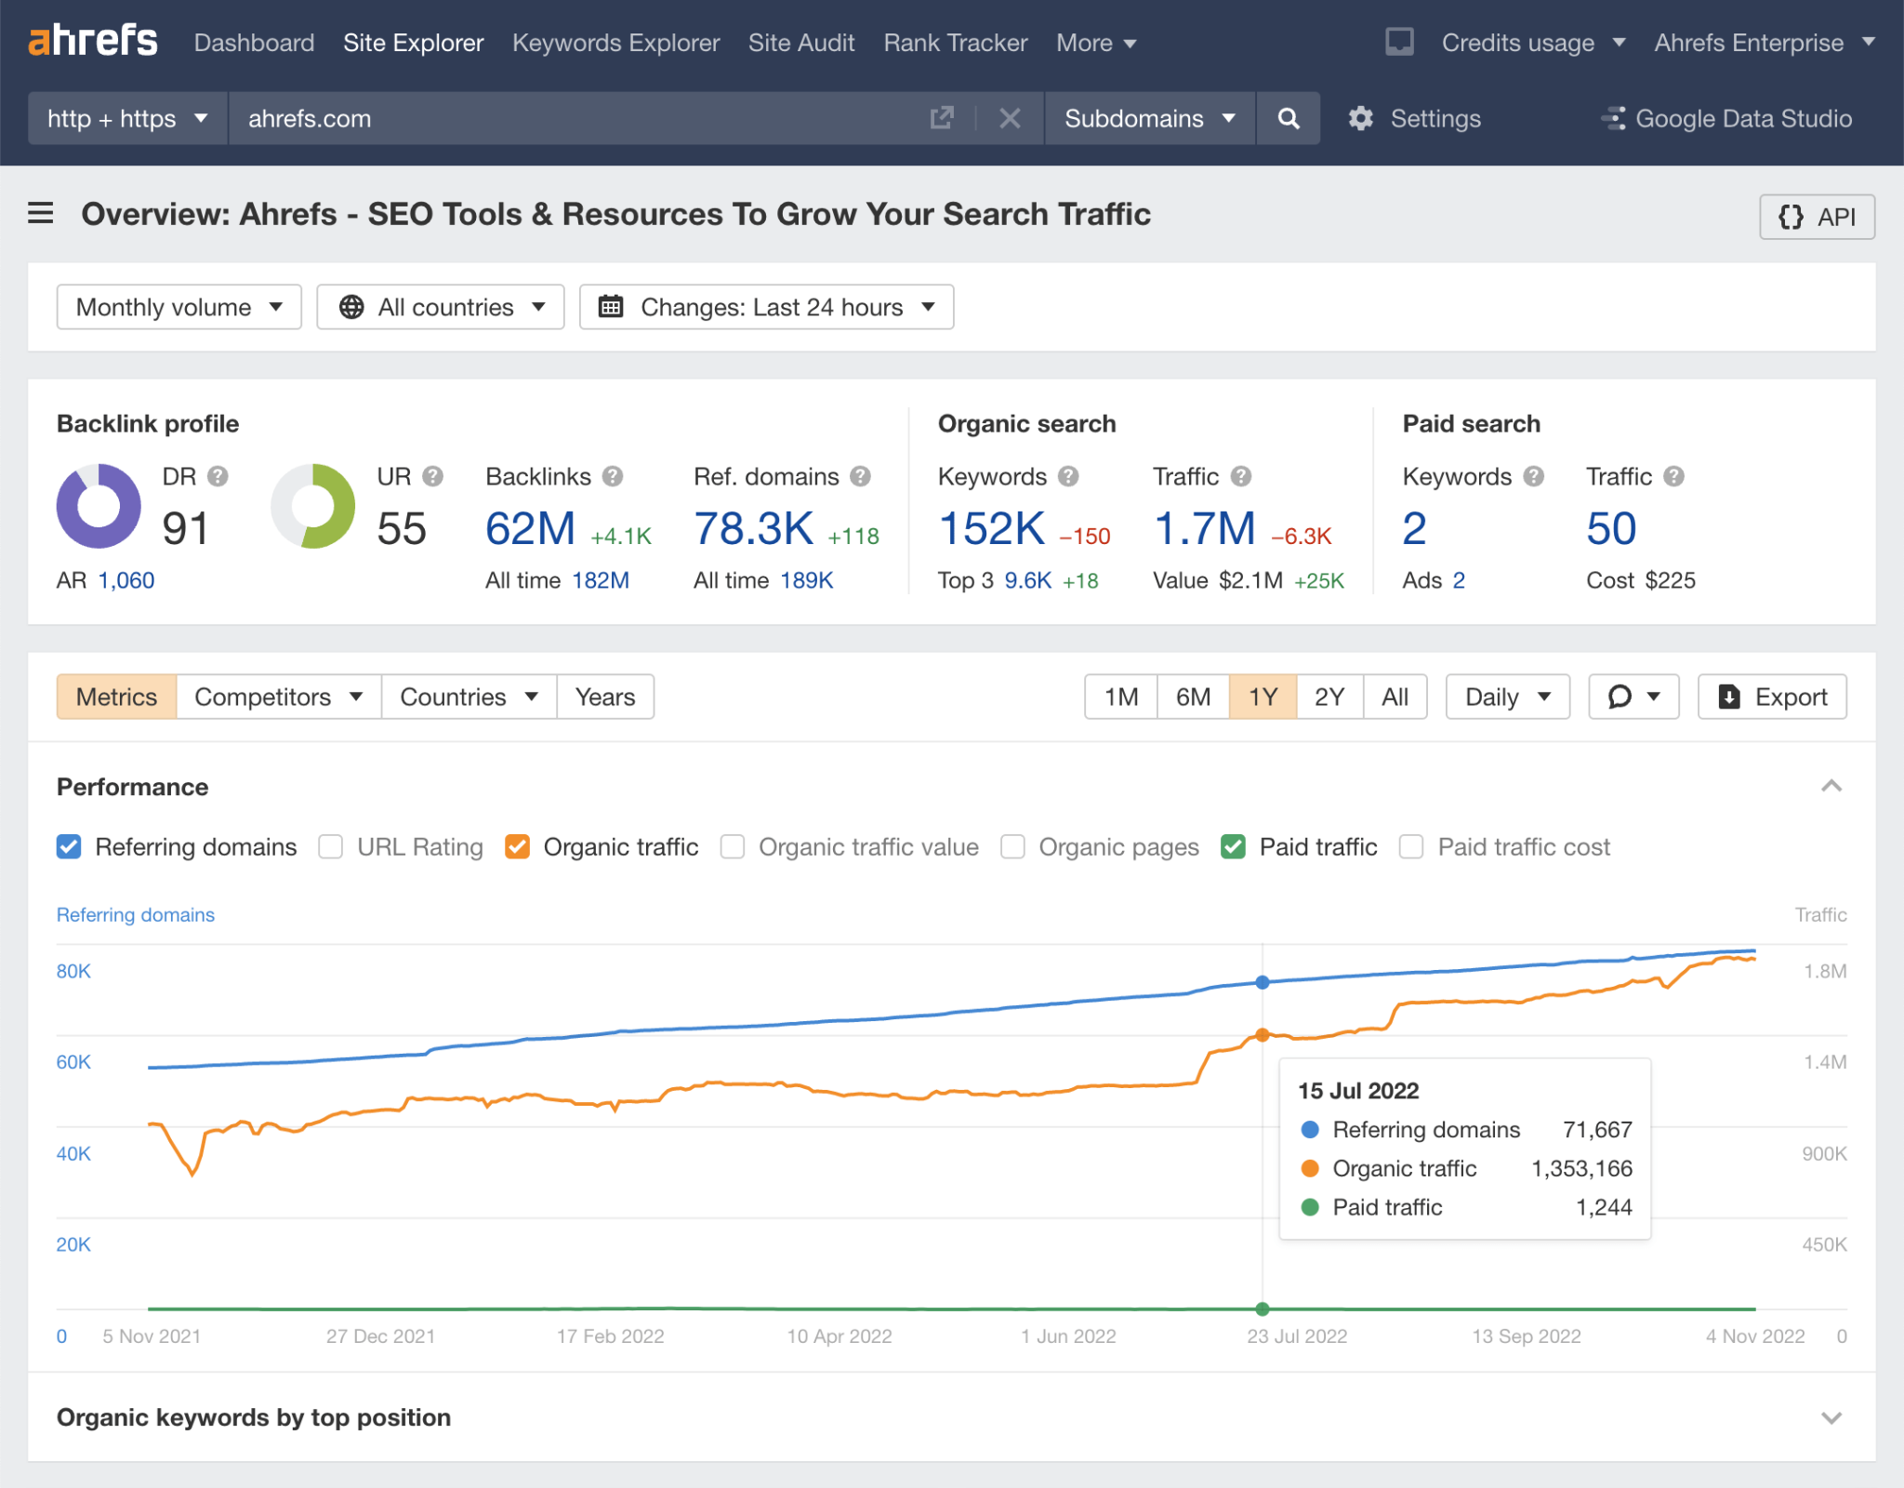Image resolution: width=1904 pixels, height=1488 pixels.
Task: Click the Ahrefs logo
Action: click(93, 42)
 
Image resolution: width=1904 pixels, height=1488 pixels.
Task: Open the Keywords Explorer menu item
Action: click(615, 43)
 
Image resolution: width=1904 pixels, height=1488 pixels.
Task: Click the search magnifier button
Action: click(1288, 118)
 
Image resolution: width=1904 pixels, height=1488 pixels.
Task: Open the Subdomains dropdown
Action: click(1149, 118)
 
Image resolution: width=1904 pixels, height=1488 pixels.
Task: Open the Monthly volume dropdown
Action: click(178, 307)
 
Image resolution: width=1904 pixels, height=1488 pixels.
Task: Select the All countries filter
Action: click(441, 307)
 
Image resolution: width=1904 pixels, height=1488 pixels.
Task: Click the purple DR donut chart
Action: click(99, 506)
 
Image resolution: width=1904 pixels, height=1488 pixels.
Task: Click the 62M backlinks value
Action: click(530, 528)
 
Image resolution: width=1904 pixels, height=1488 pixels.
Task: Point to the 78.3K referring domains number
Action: click(753, 528)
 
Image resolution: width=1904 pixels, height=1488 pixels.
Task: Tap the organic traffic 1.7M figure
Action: click(1204, 528)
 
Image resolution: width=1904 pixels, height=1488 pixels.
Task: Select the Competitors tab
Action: click(278, 697)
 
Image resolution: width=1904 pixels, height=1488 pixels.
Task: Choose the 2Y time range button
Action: click(1329, 697)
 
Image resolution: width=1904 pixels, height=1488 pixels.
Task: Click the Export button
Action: click(1771, 697)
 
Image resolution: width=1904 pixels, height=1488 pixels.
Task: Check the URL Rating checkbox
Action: click(331, 846)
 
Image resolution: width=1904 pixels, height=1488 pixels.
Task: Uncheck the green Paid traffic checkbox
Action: click(1233, 846)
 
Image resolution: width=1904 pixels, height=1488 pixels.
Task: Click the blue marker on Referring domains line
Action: click(1262, 982)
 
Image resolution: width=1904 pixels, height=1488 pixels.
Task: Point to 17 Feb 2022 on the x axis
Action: click(610, 1336)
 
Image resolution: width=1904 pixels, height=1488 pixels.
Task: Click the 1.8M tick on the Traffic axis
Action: click(1824, 971)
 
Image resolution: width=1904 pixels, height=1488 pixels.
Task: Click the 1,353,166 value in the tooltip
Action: click(1580, 1168)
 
